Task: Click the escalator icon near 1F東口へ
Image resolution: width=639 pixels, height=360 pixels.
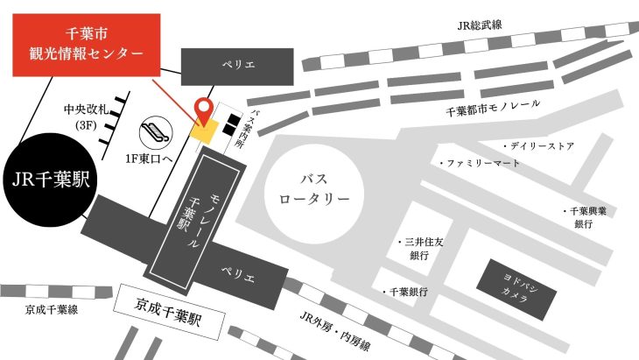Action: [158, 132]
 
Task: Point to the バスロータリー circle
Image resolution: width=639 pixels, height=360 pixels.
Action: [314, 188]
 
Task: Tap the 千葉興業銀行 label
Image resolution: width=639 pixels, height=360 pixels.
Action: [582, 217]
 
